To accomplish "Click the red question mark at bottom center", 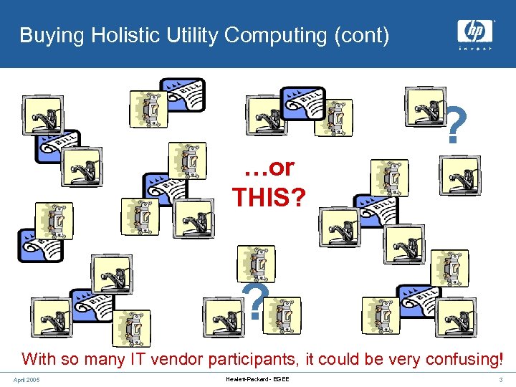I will (x=255, y=302).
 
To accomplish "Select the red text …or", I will (x=269, y=167).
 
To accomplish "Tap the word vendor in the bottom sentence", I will (x=177, y=358).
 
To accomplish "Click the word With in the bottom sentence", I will (x=37, y=358).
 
